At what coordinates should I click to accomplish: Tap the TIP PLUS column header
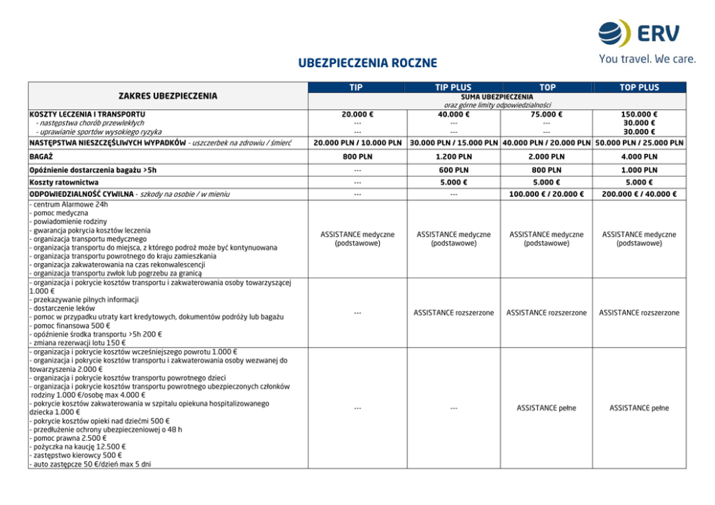(x=453, y=87)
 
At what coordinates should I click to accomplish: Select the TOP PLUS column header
(x=639, y=87)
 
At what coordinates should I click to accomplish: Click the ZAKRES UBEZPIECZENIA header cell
(x=167, y=96)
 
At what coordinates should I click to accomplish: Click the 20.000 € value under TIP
(x=357, y=114)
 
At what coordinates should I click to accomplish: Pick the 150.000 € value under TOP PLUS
(x=639, y=114)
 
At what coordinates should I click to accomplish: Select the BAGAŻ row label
(x=41, y=156)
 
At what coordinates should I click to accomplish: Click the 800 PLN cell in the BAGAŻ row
(x=357, y=156)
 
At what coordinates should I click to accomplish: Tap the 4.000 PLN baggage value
(x=639, y=156)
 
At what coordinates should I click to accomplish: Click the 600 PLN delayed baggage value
(x=453, y=170)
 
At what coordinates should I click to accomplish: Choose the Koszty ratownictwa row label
(x=64, y=182)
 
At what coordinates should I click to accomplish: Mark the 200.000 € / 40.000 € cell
(x=639, y=195)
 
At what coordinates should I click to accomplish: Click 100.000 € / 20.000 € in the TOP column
(x=546, y=195)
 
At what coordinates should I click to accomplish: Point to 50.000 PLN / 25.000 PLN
(x=639, y=143)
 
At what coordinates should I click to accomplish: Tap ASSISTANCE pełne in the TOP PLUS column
(x=639, y=408)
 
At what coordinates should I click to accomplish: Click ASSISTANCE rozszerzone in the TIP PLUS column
(x=453, y=313)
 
